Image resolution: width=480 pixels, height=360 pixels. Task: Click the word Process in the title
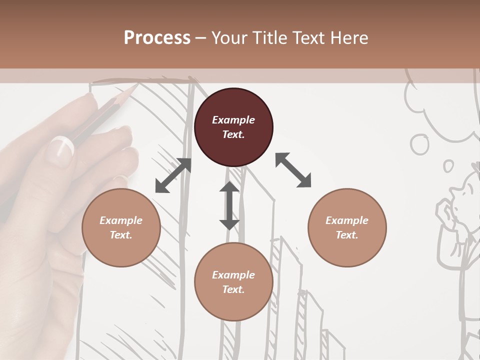click(x=157, y=38)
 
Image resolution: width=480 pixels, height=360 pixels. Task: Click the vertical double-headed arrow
click(x=229, y=205)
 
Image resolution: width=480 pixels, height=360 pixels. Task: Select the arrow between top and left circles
click(x=173, y=175)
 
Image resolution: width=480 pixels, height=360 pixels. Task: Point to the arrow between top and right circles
click(x=293, y=170)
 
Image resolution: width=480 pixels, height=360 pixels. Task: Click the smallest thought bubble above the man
click(x=448, y=165)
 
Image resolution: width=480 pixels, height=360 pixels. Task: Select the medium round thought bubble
click(x=419, y=144)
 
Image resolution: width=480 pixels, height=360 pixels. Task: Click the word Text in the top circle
click(x=233, y=134)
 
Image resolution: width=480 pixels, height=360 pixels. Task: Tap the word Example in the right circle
click(x=347, y=220)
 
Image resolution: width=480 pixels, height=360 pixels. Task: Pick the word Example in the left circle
click(x=121, y=220)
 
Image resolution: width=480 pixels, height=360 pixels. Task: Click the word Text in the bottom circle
click(x=233, y=289)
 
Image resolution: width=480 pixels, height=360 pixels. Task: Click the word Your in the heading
click(x=228, y=38)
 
